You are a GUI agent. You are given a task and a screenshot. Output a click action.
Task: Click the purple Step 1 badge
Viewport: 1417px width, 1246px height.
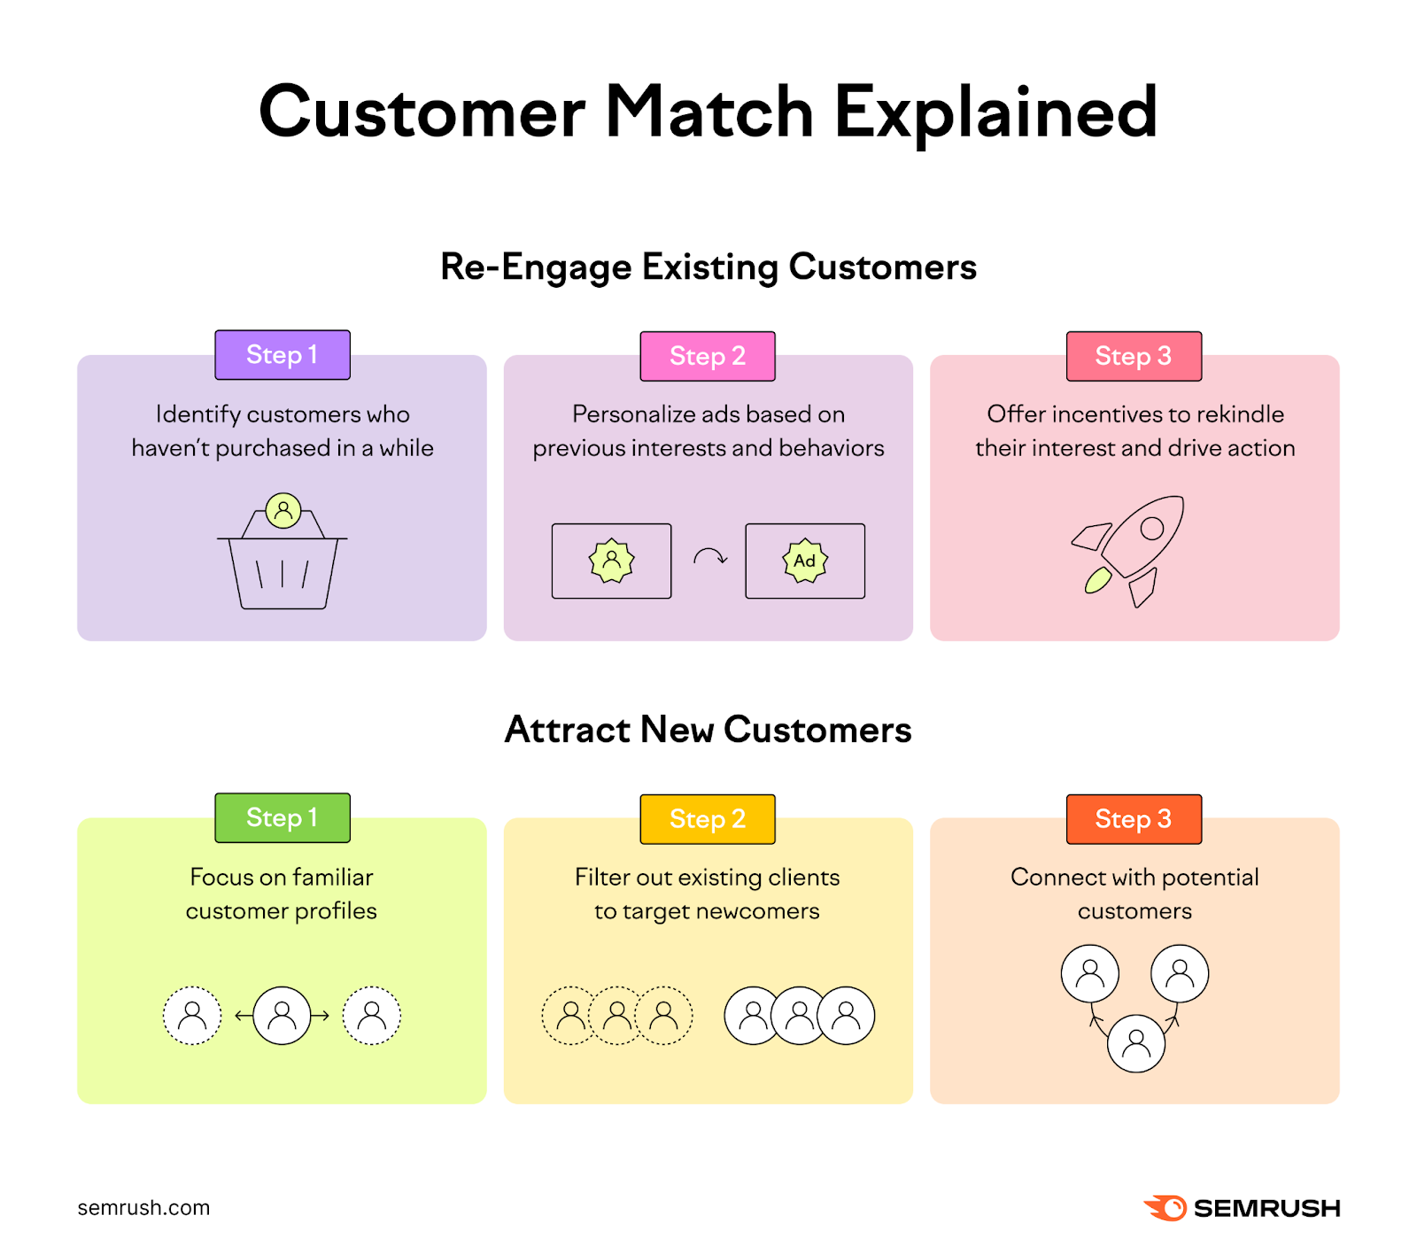coord(283,355)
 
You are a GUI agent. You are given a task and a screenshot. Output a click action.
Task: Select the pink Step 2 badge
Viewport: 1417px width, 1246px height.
coord(708,356)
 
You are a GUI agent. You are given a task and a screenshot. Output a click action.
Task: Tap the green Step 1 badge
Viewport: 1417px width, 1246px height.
coord(283,817)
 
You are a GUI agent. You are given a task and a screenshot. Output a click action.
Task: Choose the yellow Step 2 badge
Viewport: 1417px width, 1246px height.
coord(708,819)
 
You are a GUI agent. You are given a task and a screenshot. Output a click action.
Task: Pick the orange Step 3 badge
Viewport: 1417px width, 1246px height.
coord(1134,819)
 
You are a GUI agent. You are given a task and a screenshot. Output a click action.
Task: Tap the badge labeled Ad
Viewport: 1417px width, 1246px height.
coord(805,561)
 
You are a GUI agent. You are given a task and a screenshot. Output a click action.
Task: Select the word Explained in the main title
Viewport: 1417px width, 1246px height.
coord(995,113)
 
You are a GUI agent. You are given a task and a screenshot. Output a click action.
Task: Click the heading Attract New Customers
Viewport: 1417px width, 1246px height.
coord(708,730)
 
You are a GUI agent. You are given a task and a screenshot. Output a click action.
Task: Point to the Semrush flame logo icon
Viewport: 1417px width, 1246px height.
coord(1165,1208)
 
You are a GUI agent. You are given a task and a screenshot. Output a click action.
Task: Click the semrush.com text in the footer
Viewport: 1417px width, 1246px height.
coord(143,1208)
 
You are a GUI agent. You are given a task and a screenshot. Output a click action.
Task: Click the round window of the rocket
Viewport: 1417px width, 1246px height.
coord(1151,529)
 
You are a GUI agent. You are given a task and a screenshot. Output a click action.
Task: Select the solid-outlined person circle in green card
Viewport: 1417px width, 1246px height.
coord(283,1015)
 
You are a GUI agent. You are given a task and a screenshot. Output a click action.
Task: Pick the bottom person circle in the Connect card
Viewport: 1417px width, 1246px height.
coord(1135,1043)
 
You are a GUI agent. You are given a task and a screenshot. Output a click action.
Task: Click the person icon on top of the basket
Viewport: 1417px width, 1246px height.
coord(283,510)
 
